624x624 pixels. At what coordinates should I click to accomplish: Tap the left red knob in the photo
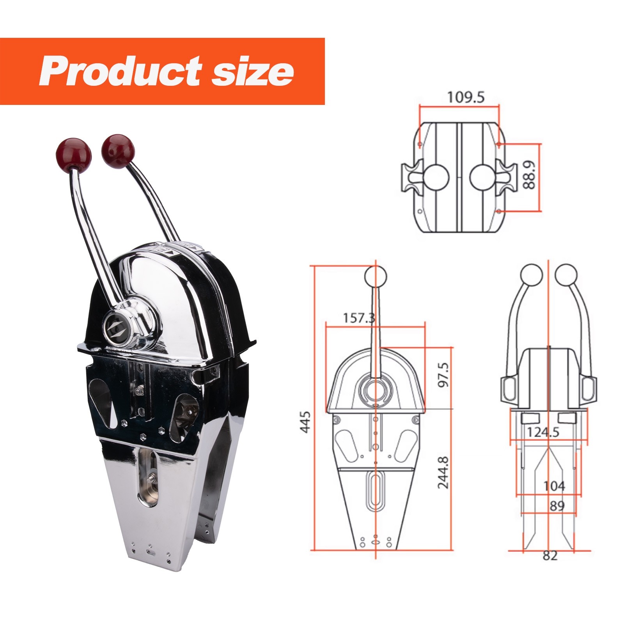74,153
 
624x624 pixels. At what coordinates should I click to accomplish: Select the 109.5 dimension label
466,97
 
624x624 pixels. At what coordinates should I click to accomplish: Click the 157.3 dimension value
359,318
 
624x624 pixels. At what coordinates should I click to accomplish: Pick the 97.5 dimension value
443,374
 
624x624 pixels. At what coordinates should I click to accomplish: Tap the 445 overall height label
305,422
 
